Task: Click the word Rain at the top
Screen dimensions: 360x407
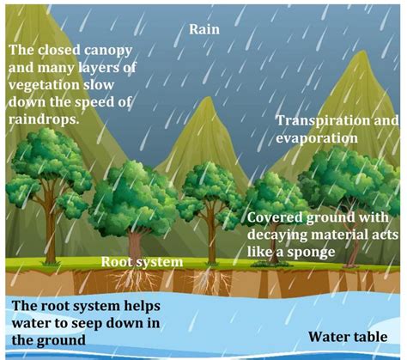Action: point(204,29)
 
